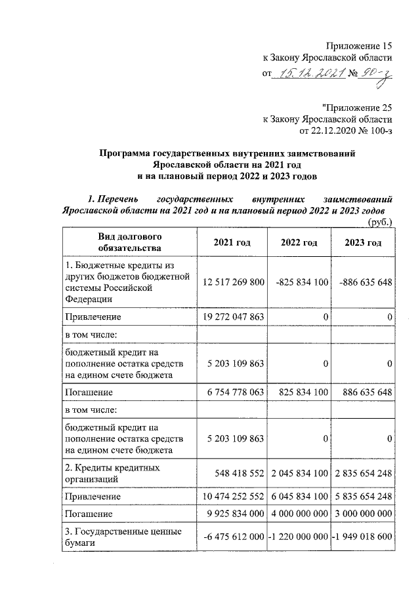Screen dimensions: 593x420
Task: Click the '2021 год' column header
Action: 232,242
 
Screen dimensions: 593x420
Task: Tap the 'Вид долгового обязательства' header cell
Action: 129,242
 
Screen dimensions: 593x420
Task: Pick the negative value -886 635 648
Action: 366,282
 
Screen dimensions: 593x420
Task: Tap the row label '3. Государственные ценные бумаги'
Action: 121,538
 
